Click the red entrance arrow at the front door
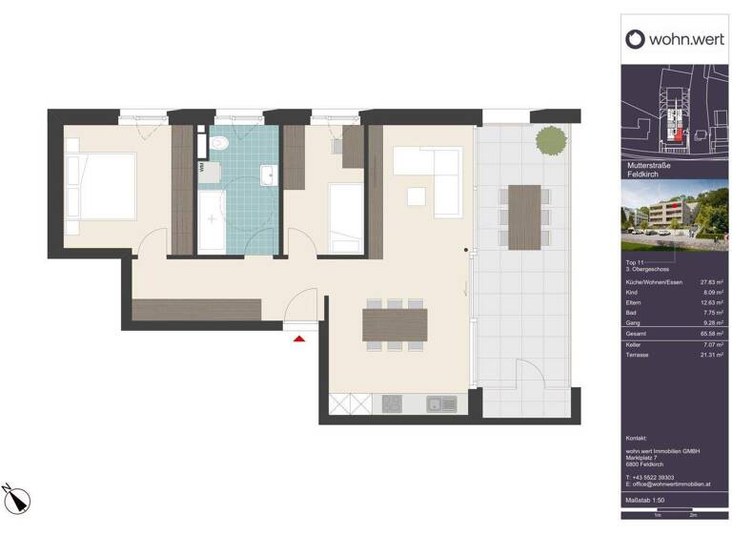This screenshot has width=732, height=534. coord(300,337)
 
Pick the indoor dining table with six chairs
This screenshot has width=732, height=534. coord(394,324)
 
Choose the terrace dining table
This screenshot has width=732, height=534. coord(524,216)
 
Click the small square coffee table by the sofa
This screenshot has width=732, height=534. coord(416,196)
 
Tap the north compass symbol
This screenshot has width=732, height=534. coord(17,498)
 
